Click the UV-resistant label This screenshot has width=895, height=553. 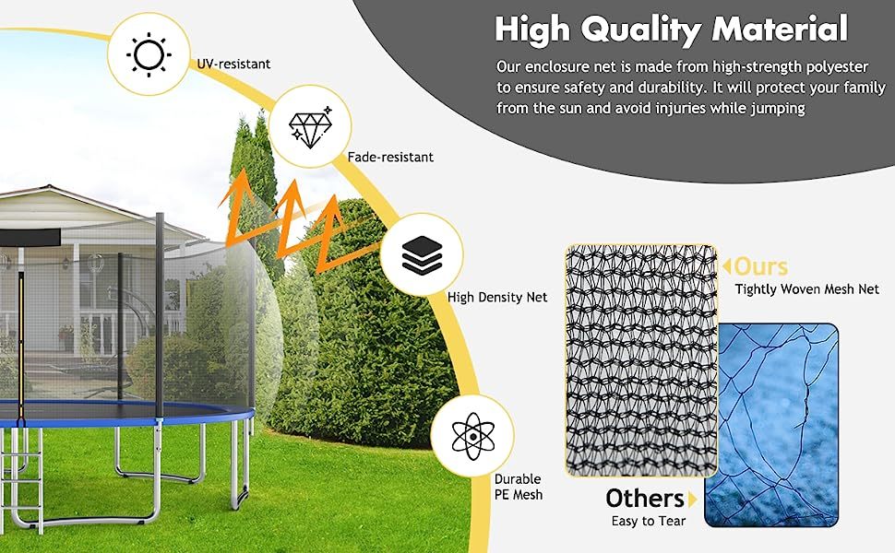[x=233, y=65]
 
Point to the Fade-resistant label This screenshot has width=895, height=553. [x=390, y=158]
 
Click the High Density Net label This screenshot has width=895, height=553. [x=497, y=298]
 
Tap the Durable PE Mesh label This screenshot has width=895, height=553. [x=519, y=488]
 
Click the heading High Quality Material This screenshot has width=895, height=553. [x=671, y=29]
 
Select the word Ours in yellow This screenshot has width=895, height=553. [x=761, y=267]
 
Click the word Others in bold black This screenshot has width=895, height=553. [x=644, y=499]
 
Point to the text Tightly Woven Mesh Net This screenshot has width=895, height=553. [x=806, y=289]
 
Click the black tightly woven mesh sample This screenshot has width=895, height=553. [x=639, y=359]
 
